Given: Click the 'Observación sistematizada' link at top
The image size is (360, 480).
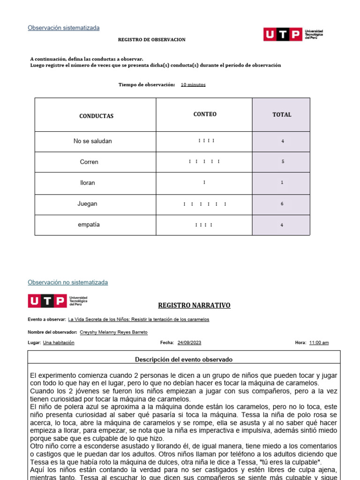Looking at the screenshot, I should pyautogui.click(x=63, y=28).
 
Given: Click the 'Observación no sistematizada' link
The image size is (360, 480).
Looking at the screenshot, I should pyautogui.click(x=67, y=282).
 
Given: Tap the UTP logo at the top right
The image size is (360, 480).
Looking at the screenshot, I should pyautogui.click(x=293, y=34).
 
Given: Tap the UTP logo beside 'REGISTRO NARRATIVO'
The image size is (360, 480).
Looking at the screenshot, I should pyautogui.click(x=58, y=301).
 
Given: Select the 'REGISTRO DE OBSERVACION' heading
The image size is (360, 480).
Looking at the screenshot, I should pyautogui.click(x=151, y=40).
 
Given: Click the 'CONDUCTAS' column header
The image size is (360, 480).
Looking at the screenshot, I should pyautogui.click(x=96, y=116).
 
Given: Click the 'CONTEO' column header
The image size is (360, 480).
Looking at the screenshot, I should pyautogui.click(x=205, y=114).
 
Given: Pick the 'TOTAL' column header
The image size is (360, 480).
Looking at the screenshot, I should pyautogui.click(x=282, y=114).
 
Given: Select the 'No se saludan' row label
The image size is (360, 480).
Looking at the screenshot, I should pyautogui.click(x=93, y=141).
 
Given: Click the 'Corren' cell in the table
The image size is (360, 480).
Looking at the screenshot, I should pyautogui.click(x=89, y=162).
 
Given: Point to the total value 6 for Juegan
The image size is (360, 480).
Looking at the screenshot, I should pyautogui.click(x=282, y=204).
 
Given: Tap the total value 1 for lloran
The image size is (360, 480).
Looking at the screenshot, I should pyautogui.click(x=282, y=182).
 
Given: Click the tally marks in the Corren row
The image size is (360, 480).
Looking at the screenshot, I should pyautogui.click(x=204, y=162).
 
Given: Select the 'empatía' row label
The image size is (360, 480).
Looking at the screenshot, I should pyautogui.click(x=89, y=225).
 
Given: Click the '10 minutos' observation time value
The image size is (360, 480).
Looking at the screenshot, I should pyautogui.click(x=193, y=85).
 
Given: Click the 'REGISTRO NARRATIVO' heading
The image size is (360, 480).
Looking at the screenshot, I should pyautogui.click(x=194, y=305).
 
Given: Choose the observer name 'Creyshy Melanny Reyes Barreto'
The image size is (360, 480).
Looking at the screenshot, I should pyautogui.click(x=114, y=332).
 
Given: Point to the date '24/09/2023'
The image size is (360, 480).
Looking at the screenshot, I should pyautogui.click(x=189, y=343).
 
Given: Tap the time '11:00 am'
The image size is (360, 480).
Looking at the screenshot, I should pyautogui.click(x=319, y=343).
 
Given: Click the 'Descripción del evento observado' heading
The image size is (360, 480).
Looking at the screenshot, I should pyautogui.click(x=184, y=360).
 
